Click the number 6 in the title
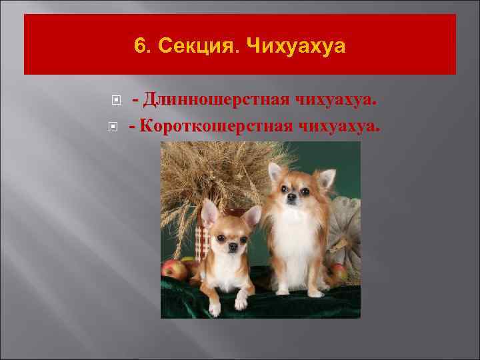tap(139, 45)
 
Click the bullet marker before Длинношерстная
tap(116, 101)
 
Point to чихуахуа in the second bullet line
tap(341, 124)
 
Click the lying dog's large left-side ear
tap(209, 214)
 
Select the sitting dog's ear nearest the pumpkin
tap(325, 178)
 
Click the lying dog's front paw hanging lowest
tap(214, 309)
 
